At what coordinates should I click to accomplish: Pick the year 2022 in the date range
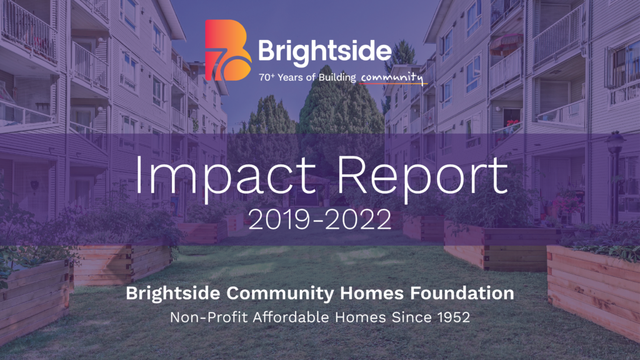[364, 219]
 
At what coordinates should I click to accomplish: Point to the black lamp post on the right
[616, 175]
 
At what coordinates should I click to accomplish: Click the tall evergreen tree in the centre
[337, 112]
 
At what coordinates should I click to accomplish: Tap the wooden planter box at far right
[594, 287]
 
